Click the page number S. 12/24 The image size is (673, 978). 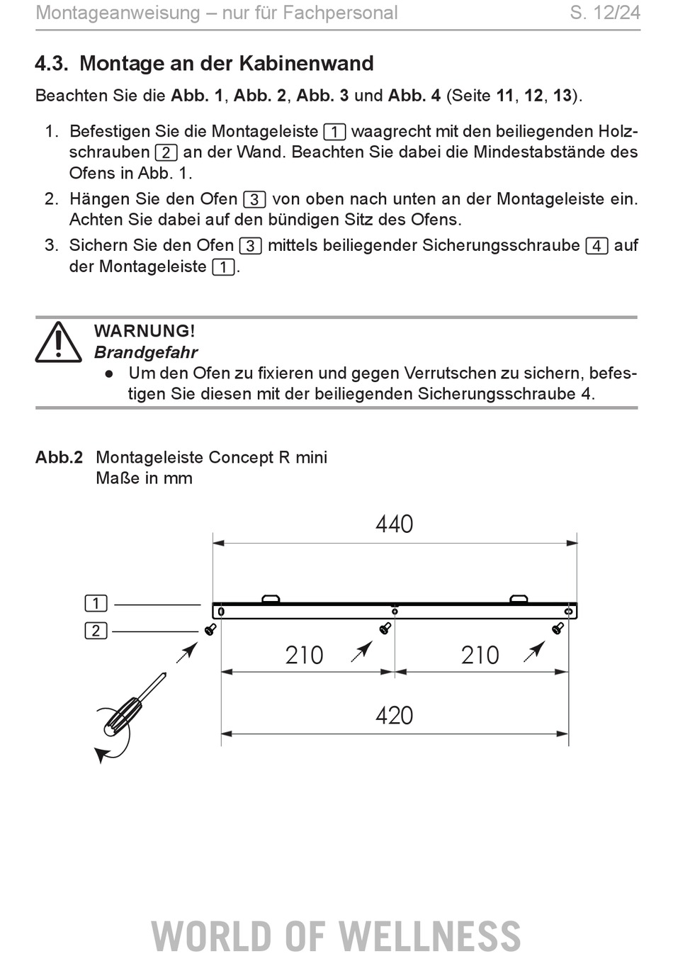(605, 13)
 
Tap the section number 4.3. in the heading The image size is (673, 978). (52, 63)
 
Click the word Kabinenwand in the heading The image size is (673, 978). (306, 63)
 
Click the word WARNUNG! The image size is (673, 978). (145, 331)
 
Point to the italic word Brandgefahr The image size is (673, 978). (146, 352)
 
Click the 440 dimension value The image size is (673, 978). (394, 524)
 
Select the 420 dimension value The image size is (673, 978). (394, 716)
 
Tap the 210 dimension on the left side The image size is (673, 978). (304, 656)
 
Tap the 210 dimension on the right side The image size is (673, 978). (480, 656)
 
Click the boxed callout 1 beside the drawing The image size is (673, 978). (96, 603)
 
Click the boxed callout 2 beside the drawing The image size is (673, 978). (96, 631)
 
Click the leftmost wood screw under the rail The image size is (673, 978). (210, 629)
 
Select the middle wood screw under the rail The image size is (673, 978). (385, 629)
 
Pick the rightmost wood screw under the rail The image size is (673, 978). (558, 629)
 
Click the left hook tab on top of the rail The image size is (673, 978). (271, 599)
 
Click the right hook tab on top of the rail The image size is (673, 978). (519, 599)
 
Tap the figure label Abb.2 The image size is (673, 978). (59, 457)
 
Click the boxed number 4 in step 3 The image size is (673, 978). (596, 246)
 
